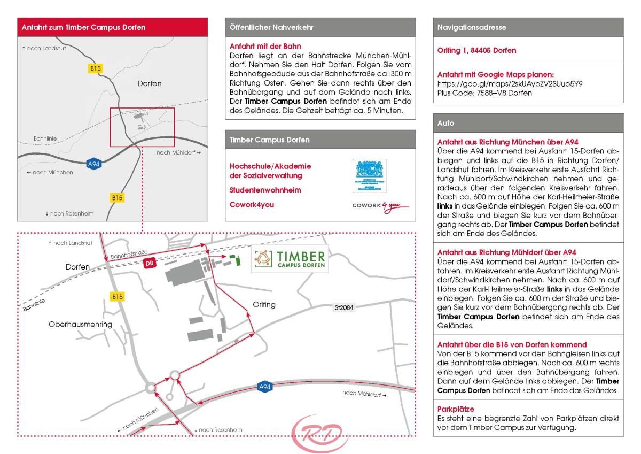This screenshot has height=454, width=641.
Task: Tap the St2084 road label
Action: (340, 307)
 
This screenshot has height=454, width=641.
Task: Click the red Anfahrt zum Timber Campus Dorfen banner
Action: (111, 26)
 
